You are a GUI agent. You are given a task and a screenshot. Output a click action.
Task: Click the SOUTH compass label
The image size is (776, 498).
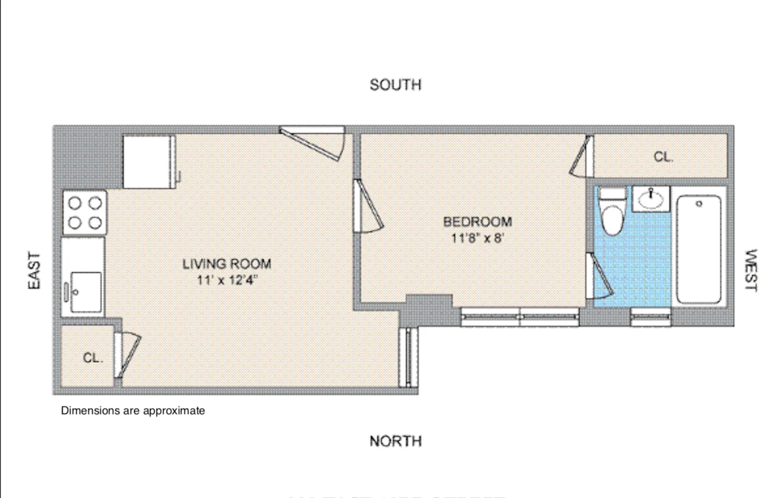[395, 85]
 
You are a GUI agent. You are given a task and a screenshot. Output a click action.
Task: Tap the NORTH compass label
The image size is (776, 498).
[395, 441]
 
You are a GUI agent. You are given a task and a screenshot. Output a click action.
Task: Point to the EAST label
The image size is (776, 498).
[34, 270]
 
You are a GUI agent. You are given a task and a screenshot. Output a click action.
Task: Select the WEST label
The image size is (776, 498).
[750, 270]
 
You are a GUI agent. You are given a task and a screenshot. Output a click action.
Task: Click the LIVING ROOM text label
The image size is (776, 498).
[226, 264]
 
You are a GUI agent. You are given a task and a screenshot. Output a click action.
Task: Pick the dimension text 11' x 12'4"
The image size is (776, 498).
[226, 280]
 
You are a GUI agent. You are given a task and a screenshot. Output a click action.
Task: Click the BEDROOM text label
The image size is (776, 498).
[477, 222]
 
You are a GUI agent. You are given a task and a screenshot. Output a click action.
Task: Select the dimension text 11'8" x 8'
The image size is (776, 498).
[477, 238]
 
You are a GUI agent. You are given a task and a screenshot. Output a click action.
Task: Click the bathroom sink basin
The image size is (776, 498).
[650, 199]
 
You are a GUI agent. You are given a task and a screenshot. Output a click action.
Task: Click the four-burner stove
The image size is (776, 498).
[85, 213]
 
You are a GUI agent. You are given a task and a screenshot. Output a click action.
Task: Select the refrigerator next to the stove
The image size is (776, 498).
[148, 162]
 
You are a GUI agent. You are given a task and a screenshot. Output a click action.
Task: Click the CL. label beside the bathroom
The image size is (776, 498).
[663, 157]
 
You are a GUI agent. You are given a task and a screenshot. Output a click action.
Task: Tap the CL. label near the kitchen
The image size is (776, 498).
[93, 358]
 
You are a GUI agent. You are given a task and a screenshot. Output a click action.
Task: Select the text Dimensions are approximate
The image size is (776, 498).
[133, 411]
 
